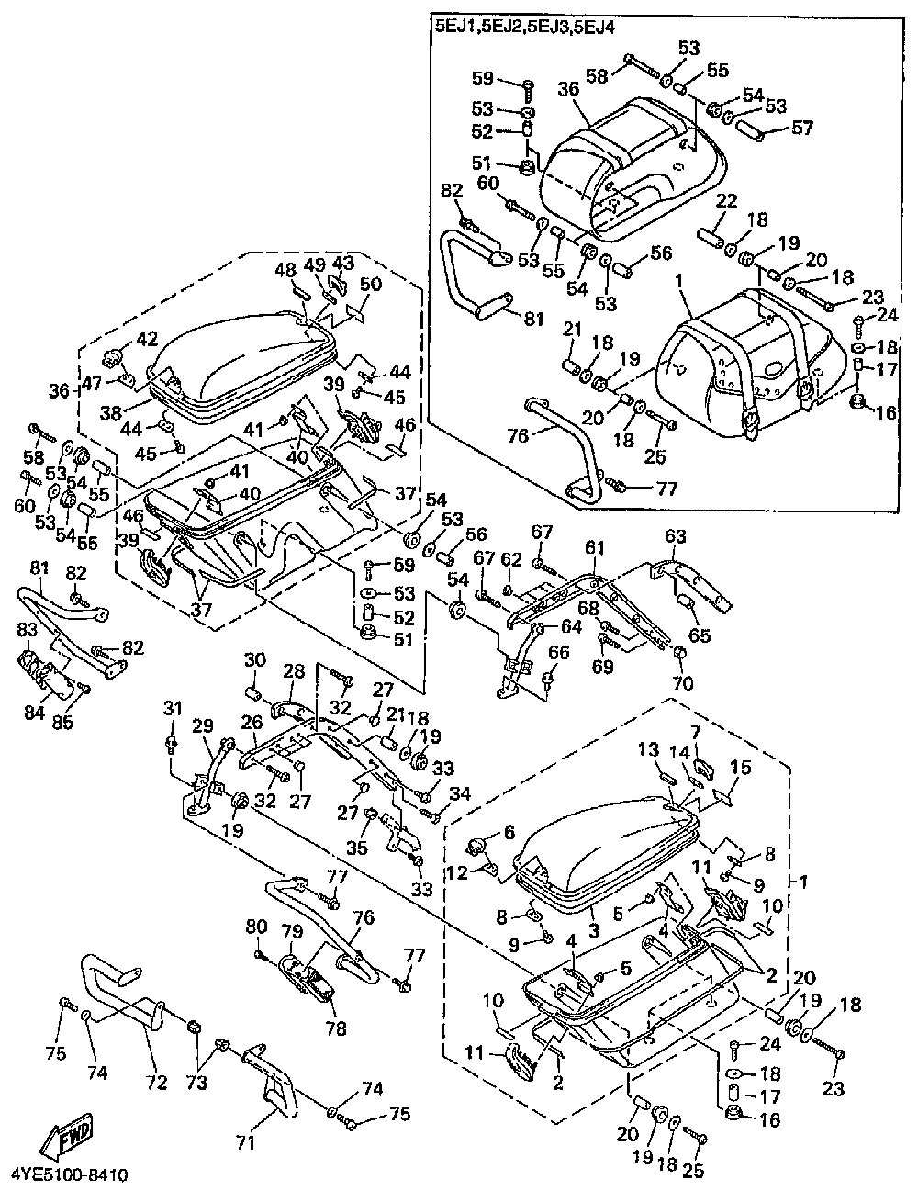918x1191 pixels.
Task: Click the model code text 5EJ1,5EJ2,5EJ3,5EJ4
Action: (x=523, y=28)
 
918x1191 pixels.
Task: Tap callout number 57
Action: (x=801, y=128)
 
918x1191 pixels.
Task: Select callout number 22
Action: (x=726, y=202)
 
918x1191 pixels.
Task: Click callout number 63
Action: (x=676, y=535)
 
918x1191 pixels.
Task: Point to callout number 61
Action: (x=596, y=547)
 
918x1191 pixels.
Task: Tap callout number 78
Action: (x=336, y=1028)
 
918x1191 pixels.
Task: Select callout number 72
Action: (x=157, y=1084)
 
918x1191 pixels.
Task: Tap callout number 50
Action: (x=370, y=285)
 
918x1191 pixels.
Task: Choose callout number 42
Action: (x=147, y=338)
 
